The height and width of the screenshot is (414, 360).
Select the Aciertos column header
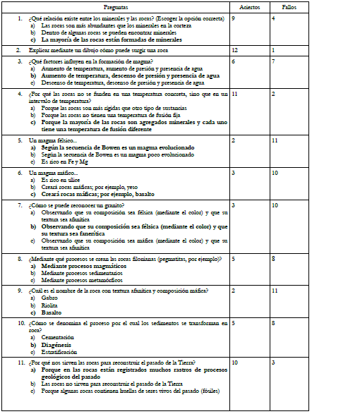[250, 6]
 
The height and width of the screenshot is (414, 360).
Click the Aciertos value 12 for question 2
[235, 51]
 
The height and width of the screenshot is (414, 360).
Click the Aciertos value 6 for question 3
[234, 62]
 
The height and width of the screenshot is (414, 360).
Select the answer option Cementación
[58, 336]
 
